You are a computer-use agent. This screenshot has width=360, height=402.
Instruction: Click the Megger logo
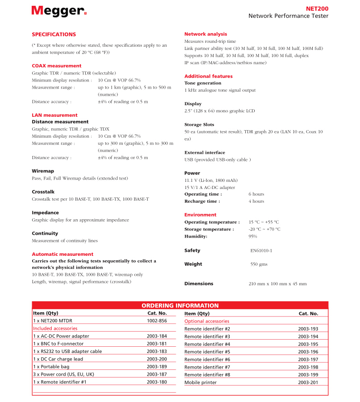click(59, 11)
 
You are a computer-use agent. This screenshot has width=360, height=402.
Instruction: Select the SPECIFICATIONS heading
click(54, 34)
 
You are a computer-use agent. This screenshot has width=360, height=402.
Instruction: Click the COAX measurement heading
click(57, 66)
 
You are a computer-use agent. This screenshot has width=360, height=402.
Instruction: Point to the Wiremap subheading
click(43, 171)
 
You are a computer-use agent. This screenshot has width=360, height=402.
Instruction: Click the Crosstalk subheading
click(43, 192)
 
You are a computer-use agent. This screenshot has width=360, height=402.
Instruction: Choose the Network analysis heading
click(206, 34)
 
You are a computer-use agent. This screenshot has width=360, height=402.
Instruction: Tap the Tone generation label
click(203, 83)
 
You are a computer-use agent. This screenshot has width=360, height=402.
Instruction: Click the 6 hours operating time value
click(256, 194)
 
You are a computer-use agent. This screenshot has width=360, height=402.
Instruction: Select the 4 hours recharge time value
click(256, 201)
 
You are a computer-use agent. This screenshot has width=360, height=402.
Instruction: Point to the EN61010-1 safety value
click(261, 250)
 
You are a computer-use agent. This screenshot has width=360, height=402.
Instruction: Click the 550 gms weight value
click(259, 264)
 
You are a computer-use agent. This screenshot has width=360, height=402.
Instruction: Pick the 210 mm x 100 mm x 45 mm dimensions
click(277, 284)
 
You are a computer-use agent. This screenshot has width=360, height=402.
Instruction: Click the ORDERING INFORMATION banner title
click(180, 306)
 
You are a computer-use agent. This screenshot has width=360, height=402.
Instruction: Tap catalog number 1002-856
click(157, 321)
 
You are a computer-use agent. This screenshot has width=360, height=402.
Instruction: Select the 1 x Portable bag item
click(52, 366)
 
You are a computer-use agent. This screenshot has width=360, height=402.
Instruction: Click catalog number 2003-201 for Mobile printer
click(308, 382)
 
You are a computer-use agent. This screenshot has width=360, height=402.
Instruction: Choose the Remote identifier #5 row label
click(207, 352)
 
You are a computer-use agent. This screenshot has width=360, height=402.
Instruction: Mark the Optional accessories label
click(207, 321)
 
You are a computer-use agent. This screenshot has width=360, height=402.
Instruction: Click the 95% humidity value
click(253, 236)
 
